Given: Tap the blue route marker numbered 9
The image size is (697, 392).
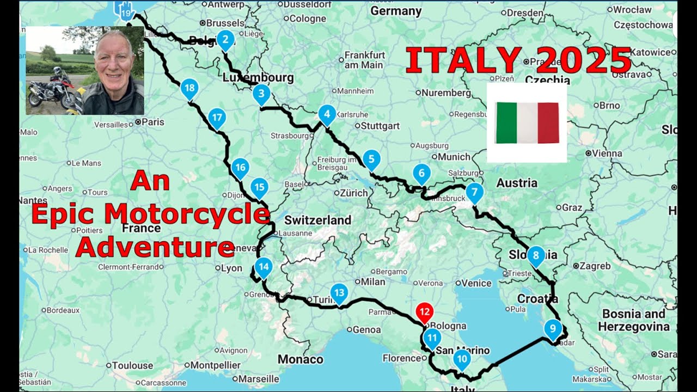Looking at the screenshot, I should click(x=553, y=328).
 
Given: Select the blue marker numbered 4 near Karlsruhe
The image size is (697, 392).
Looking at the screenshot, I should click(x=327, y=114).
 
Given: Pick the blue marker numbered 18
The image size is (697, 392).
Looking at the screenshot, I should click(x=189, y=88).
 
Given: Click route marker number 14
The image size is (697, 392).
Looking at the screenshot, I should click(x=264, y=267).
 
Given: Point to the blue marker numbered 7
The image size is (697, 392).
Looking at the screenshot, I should click(x=475, y=192).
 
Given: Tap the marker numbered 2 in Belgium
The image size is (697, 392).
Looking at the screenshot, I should click(x=225, y=39).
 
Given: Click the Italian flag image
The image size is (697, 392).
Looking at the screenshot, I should click(x=527, y=122).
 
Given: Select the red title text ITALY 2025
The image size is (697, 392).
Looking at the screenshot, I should click(x=518, y=60).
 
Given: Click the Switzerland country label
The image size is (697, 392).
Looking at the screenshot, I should click(x=317, y=220).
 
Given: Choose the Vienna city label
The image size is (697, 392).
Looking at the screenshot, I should click(x=607, y=154).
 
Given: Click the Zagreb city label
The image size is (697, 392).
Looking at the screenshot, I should click(x=595, y=266).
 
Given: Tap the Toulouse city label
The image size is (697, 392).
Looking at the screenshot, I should click(x=133, y=365).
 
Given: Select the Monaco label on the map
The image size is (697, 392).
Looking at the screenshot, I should click(x=300, y=359).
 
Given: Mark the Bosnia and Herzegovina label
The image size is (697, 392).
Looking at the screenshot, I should click(x=633, y=320).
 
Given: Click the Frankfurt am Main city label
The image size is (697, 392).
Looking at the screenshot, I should click(x=364, y=60).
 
